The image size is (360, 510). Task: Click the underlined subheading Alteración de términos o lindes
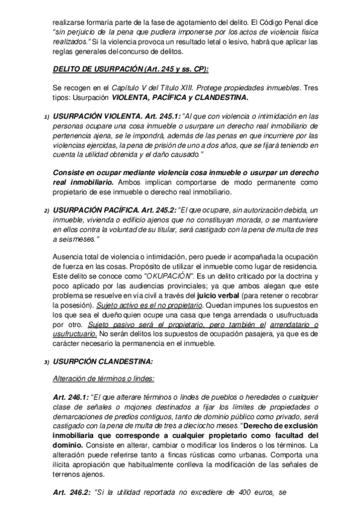pyautogui.click(x=103, y=379)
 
